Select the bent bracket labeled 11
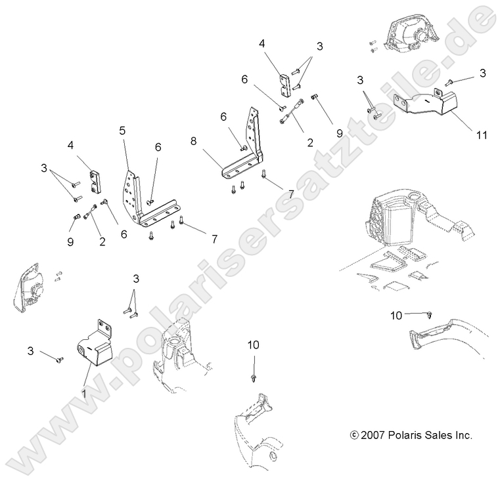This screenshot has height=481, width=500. coord(424,103)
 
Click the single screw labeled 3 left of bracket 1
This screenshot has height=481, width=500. coord(60,359)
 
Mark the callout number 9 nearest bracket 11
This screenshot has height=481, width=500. coord(340,132)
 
